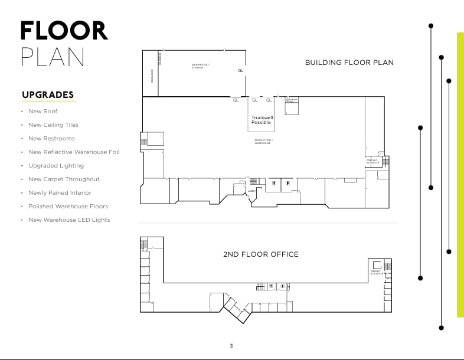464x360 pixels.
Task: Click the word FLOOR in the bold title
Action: (x=64, y=31)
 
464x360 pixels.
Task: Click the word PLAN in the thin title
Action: (x=53, y=57)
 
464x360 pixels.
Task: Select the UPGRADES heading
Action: (x=48, y=94)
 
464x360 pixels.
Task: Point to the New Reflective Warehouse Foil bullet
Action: (x=74, y=152)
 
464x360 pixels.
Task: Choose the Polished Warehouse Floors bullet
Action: (x=68, y=207)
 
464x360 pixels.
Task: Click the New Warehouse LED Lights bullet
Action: (x=69, y=220)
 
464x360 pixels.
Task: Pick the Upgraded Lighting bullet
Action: (x=56, y=166)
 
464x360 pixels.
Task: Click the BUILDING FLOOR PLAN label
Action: (x=349, y=63)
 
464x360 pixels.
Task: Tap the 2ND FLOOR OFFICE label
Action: (x=260, y=254)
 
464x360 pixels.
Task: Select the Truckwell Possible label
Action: (x=261, y=120)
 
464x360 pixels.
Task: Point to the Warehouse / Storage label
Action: (x=200, y=66)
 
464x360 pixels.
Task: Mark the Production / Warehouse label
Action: (x=263, y=142)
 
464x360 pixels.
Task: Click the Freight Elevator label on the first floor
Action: (x=372, y=161)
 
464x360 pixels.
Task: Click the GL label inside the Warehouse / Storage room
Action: (x=240, y=71)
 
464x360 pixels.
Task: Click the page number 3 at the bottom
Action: (x=231, y=345)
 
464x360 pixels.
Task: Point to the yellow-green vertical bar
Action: (x=460, y=174)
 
